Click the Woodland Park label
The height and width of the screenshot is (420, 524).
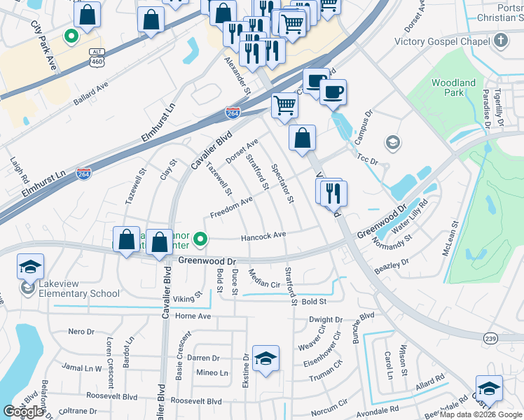coord(453,87)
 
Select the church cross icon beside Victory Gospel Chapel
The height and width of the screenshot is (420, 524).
coord(500,41)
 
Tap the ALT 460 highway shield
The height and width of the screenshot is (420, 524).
coord(97,57)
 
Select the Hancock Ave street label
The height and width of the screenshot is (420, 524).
coord(263,237)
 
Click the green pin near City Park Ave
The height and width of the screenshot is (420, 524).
coord(71,35)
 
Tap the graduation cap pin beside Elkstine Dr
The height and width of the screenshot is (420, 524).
coord(266,359)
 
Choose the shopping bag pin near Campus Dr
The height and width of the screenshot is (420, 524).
coord(301,139)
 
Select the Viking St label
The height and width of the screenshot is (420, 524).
coord(188,297)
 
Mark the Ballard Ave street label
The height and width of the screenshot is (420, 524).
coord(91,94)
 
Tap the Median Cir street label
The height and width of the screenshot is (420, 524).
coord(264,280)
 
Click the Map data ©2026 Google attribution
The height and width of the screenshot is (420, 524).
coord(480,414)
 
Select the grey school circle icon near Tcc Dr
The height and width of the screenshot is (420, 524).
coord(392,143)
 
